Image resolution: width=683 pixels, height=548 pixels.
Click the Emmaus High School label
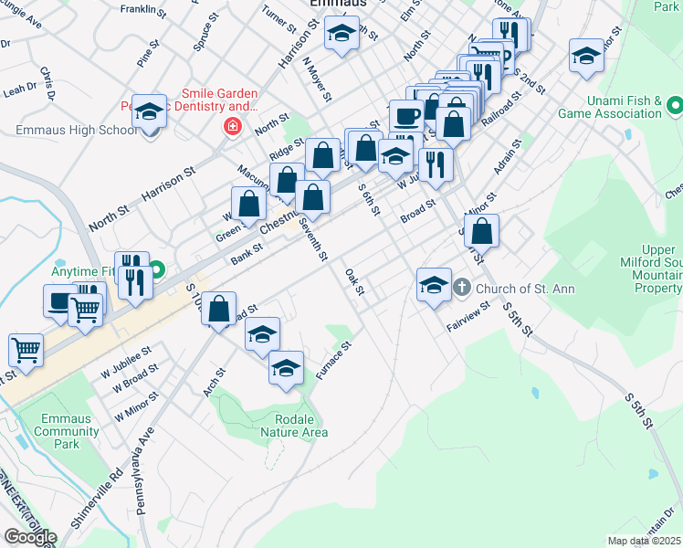coord(76,130)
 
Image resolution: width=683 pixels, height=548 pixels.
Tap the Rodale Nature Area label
coord(293,425)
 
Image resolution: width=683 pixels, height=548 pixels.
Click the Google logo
coord(30,537)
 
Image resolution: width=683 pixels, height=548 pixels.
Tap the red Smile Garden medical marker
coord(233,126)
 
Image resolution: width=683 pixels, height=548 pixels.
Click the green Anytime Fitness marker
coord(157,270)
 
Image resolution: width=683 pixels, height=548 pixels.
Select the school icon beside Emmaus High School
coord(150,111)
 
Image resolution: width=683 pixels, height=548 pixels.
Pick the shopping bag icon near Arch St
coord(219,311)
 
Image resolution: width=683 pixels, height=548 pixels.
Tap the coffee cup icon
coord(405,116)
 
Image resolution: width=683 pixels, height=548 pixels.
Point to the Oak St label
coord(354,282)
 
